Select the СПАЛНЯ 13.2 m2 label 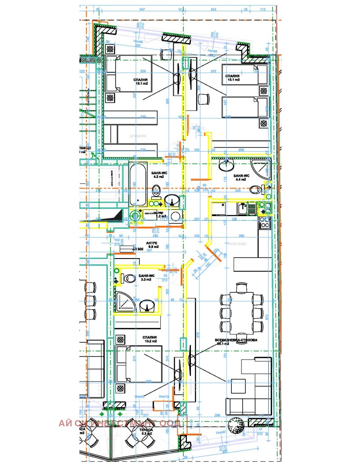tap(149, 339)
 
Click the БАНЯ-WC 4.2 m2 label tap(158, 175)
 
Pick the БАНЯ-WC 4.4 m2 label tap(240, 177)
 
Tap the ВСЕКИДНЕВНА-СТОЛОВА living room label tap(236, 342)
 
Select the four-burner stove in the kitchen tap(264, 222)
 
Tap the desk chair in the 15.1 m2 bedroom tap(203, 98)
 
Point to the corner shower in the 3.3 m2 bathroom tap(125, 301)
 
